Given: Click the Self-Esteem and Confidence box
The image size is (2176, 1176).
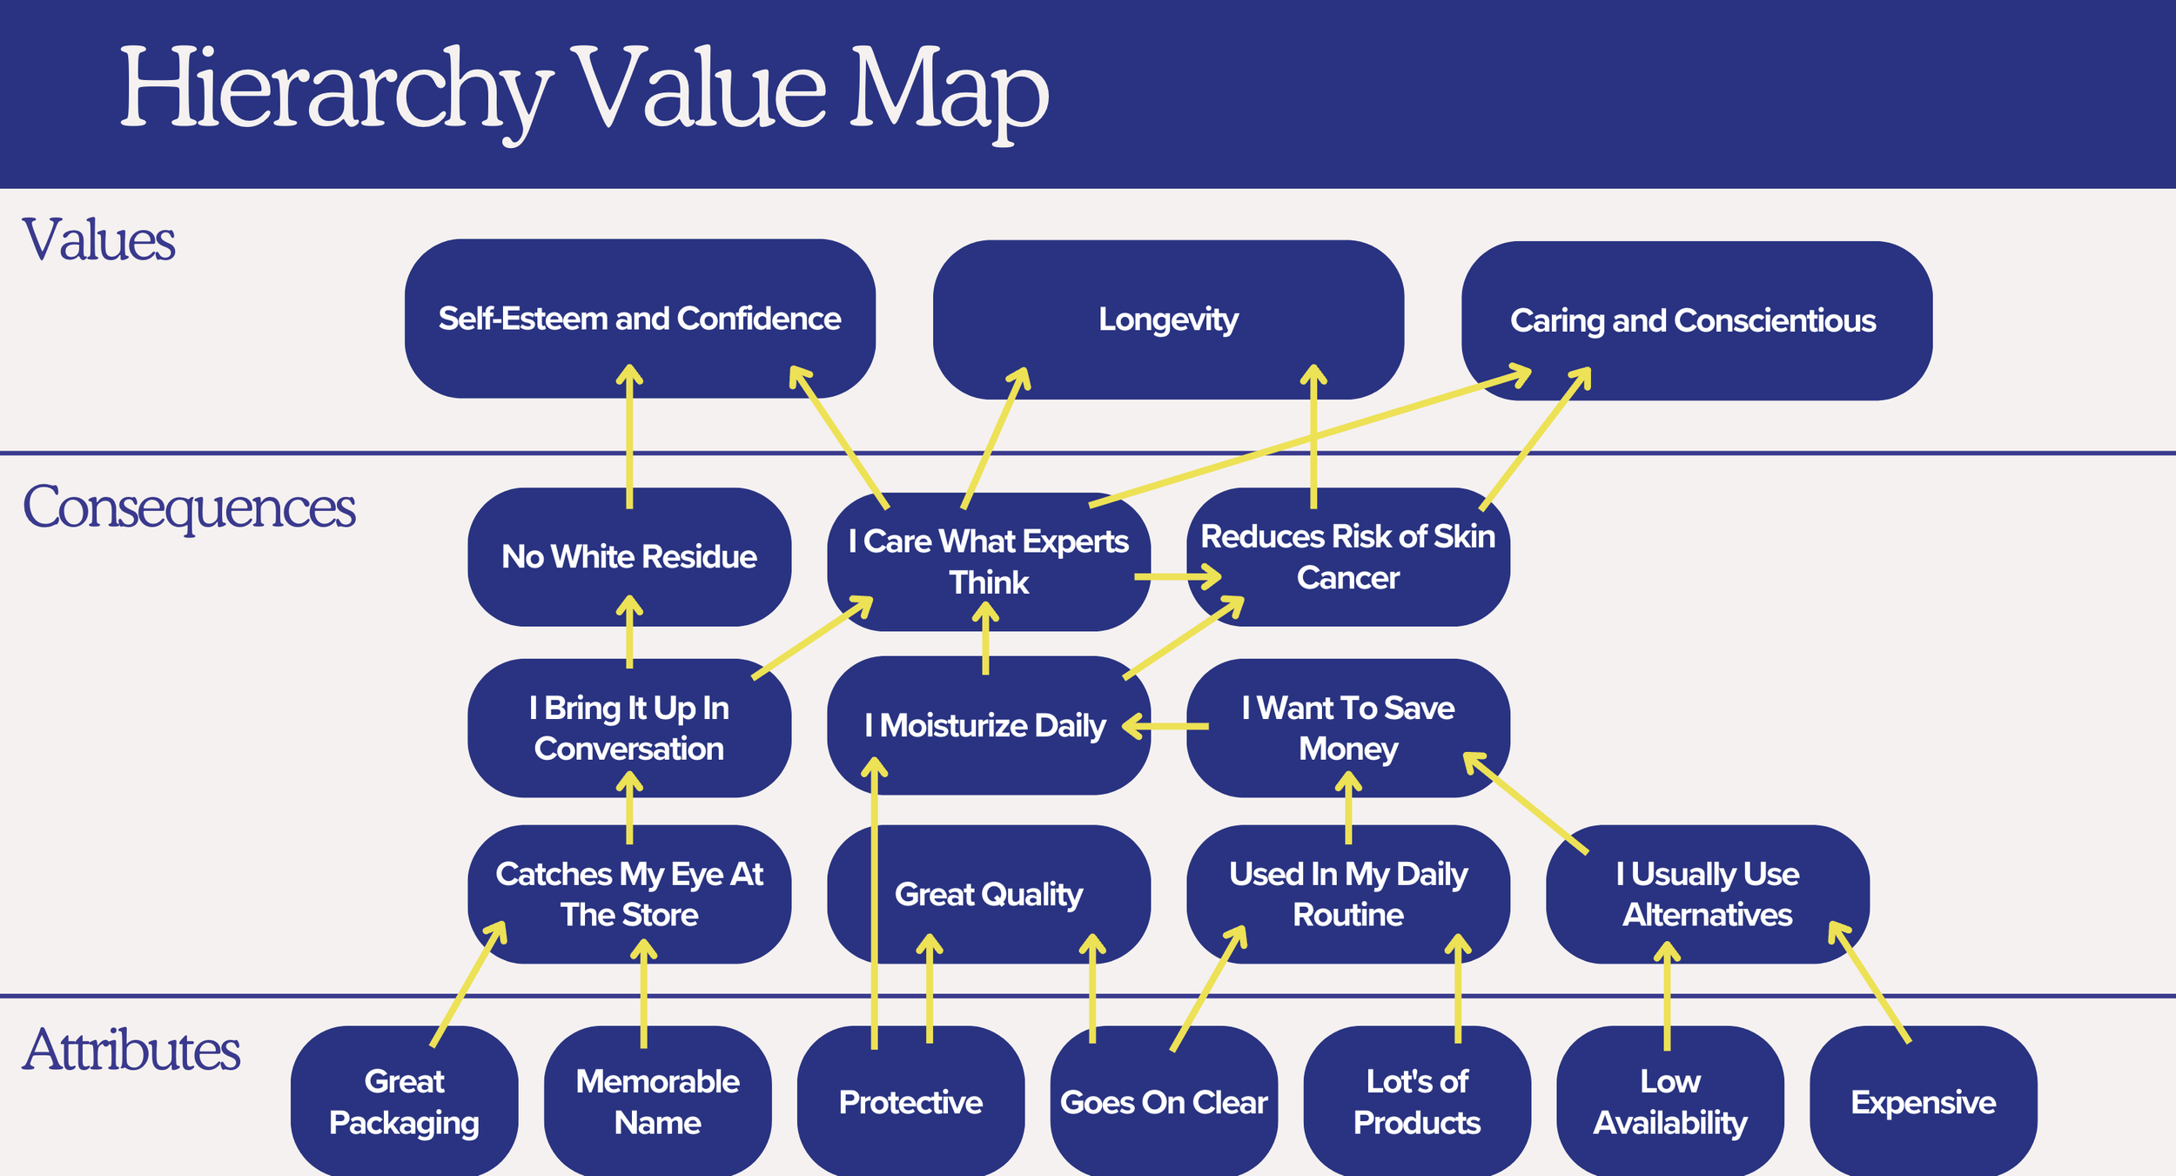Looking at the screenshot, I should [640, 319].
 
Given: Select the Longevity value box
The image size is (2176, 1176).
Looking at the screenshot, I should [1168, 319].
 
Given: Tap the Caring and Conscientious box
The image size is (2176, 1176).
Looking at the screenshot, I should [1696, 320].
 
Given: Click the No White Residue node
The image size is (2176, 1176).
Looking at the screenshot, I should [629, 556].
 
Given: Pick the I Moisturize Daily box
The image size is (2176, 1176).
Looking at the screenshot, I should [986, 725].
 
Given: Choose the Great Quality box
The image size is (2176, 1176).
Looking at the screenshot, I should [989, 894].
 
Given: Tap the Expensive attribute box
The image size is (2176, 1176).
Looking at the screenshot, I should [1923, 1102].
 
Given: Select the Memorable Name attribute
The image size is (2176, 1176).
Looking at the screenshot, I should [657, 1102].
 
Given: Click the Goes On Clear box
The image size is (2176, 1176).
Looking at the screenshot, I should [1164, 1102].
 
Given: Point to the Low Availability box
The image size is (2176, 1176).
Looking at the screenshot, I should [1669, 1102].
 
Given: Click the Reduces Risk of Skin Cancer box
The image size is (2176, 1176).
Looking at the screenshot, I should [1348, 557].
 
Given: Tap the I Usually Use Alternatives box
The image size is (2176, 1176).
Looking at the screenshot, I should [1707, 894].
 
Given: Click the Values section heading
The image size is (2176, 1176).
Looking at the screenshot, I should [98, 240].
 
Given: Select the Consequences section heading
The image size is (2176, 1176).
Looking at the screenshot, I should [189, 507].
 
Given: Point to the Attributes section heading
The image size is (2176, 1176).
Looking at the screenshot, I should [131, 1050].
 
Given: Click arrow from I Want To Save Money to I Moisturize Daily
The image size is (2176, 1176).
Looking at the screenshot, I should [1166, 726].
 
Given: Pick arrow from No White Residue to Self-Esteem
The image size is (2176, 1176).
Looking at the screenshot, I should [629, 435].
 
